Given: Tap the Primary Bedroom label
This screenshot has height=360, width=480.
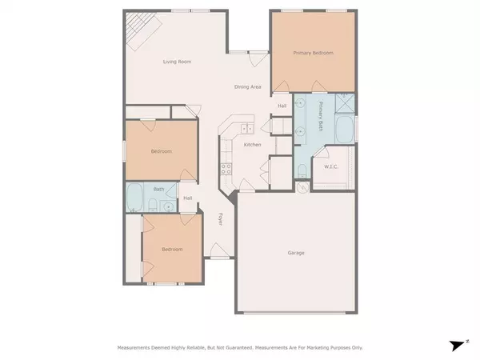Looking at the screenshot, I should click(313, 53).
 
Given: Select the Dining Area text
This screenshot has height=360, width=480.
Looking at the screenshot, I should click(248, 86).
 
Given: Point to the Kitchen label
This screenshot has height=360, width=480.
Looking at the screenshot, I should click(252, 144).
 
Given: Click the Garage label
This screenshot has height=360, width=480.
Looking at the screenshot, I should click(296, 253).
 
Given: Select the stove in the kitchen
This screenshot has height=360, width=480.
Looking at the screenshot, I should click(227, 169).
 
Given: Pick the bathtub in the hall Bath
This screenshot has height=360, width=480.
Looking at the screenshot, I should click(135, 197).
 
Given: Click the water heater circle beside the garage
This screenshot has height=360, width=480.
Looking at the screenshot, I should click(302, 188).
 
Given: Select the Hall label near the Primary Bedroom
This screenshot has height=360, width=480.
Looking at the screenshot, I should click(282, 106).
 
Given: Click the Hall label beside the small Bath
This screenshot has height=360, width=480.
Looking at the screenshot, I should click(188, 198).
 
